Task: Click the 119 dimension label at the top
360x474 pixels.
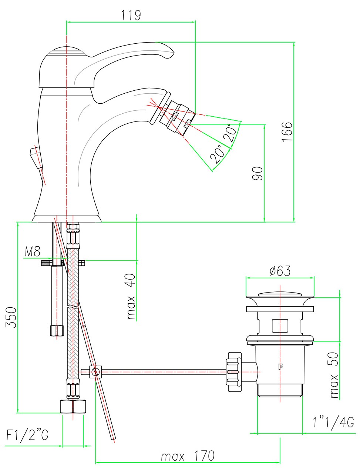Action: [x=131, y=15]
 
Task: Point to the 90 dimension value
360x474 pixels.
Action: [x=258, y=173]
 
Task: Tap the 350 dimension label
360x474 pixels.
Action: [x=11, y=317]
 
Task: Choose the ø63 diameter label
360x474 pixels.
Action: [x=280, y=271]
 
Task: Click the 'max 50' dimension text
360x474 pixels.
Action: [x=334, y=375]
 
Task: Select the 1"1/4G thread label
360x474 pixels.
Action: [x=333, y=422]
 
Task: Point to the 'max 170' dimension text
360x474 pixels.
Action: [x=187, y=455]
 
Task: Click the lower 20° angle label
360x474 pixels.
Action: [x=218, y=155]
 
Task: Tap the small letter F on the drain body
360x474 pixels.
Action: [x=280, y=367]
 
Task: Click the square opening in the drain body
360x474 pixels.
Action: [x=280, y=326]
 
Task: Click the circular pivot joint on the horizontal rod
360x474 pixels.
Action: [x=96, y=371]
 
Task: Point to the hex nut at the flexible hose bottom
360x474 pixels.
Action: [x=73, y=407]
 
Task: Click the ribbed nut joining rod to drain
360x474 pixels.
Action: [x=234, y=372]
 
